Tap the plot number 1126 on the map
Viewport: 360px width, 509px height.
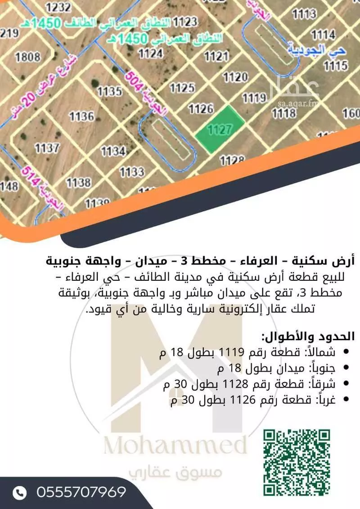[201, 108]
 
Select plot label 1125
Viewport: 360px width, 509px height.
[182, 87]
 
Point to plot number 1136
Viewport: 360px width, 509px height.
[81, 117]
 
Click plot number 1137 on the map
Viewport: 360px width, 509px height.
[47, 147]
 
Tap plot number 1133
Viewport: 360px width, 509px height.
[132, 171]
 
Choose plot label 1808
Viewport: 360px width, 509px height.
[27, 57]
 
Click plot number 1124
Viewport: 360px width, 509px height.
[150, 54]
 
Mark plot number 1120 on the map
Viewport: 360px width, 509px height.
[235, 77]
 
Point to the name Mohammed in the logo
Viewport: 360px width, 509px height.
[175, 446]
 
